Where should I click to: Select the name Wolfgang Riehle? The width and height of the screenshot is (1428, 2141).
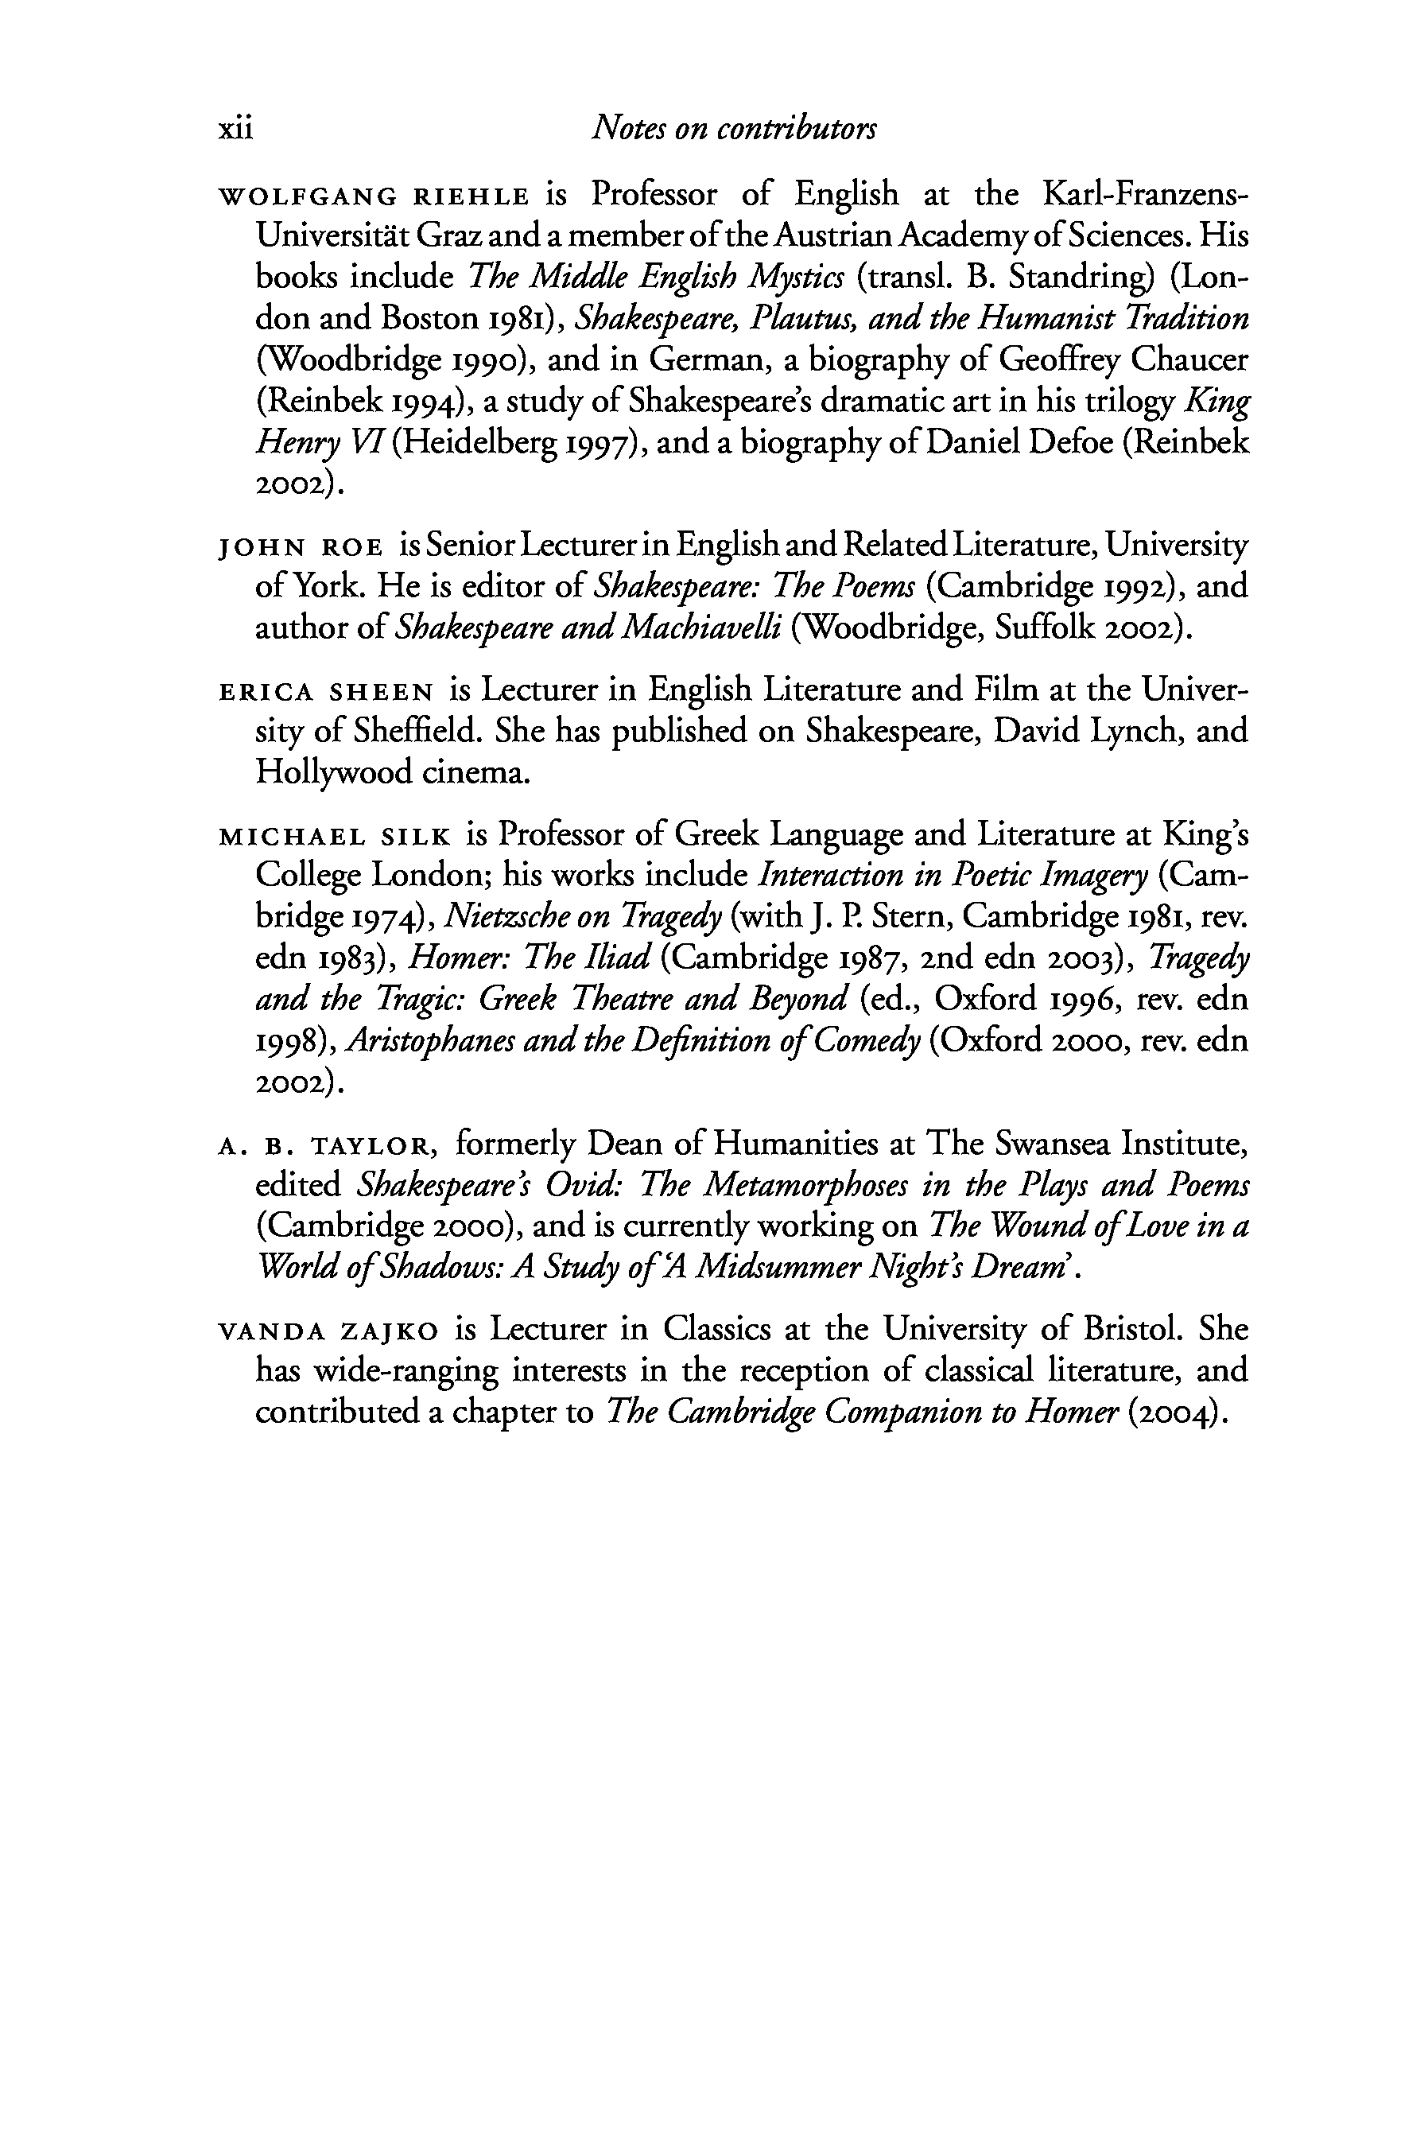[374, 196]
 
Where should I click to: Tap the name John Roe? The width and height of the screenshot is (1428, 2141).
[301, 546]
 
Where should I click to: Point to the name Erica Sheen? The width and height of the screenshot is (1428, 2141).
[326, 692]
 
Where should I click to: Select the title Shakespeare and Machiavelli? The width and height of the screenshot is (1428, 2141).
[588, 628]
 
